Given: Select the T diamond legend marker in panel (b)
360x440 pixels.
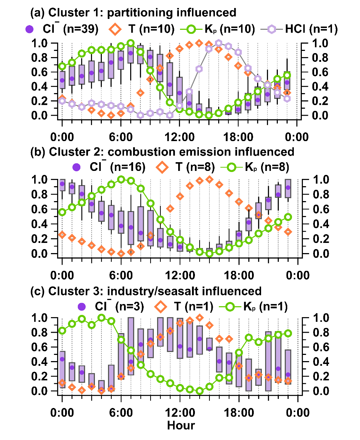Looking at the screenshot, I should [x=162, y=167].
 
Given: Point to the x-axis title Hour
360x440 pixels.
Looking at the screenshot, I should [x=181, y=425].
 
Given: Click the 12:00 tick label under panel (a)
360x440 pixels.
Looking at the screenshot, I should [x=180, y=137].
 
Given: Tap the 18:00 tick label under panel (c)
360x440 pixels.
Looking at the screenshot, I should [x=239, y=413].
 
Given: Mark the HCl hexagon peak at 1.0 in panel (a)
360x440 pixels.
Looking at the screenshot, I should [x=219, y=43].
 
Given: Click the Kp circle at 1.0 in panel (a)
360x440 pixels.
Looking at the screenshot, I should [x=131, y=43].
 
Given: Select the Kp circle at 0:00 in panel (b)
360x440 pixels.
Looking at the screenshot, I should [x=62, y=212].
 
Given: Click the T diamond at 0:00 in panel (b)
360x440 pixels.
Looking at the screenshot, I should [x=62, y=235].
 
